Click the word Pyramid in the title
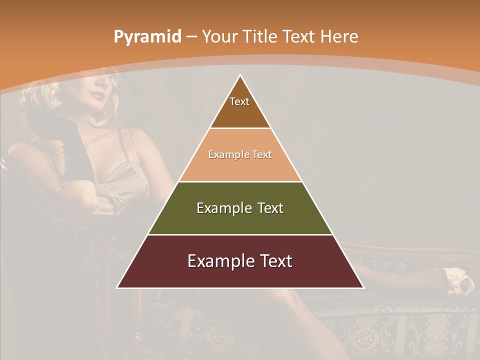pos(147,37)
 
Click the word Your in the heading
pos(219,36)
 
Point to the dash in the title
pos(191,37)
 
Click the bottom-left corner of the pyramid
pos(118,287)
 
